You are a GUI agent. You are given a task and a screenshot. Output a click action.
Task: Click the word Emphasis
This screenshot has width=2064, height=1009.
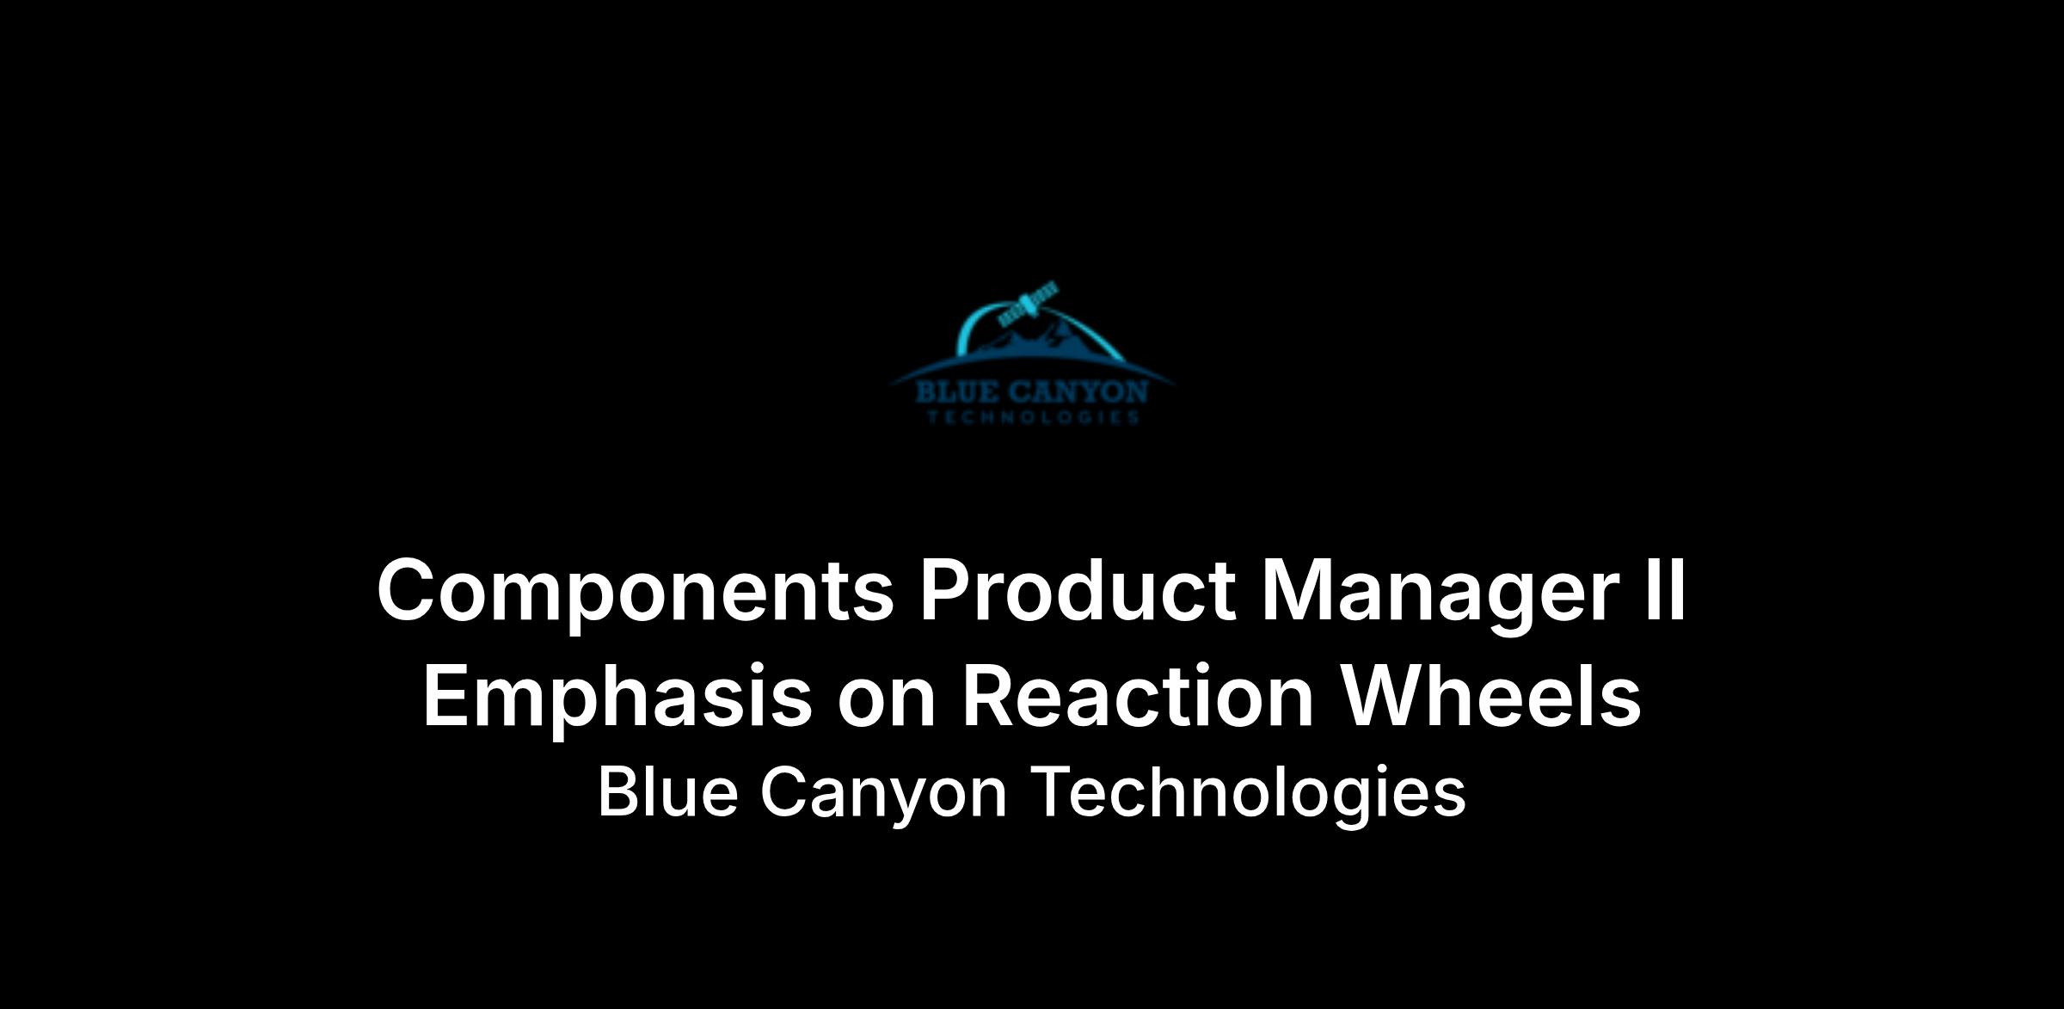coord(617,698)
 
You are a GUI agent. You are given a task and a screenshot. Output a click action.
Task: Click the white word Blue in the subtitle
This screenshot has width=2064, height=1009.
coord(667,791)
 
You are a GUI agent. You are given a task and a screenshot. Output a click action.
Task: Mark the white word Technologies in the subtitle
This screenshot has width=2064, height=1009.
coord(1249,797)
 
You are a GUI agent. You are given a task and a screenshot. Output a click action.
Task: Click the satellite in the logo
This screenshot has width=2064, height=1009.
coord(1029,305)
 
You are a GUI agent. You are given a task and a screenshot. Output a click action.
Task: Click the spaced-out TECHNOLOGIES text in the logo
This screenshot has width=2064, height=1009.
coord(1033,418)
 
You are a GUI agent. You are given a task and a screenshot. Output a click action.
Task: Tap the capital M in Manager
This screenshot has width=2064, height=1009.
coord(1299,590)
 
